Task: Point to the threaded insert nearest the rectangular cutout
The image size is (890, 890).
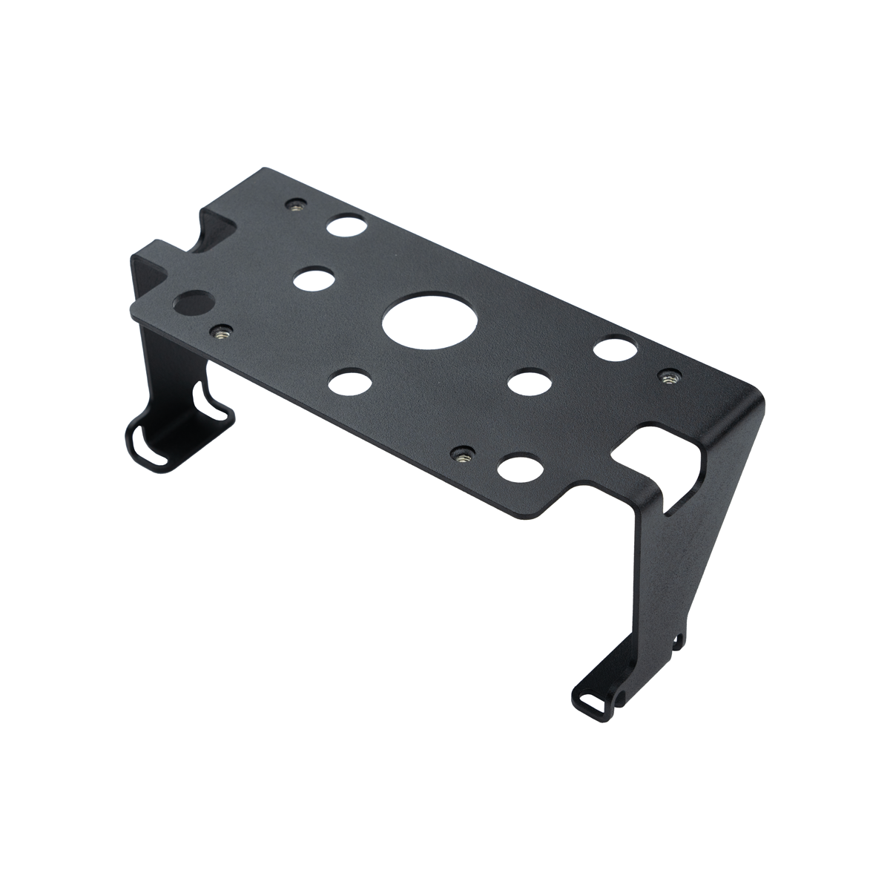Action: click(x=670, y=377)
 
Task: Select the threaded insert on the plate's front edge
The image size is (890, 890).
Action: click(x=464, y=452)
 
